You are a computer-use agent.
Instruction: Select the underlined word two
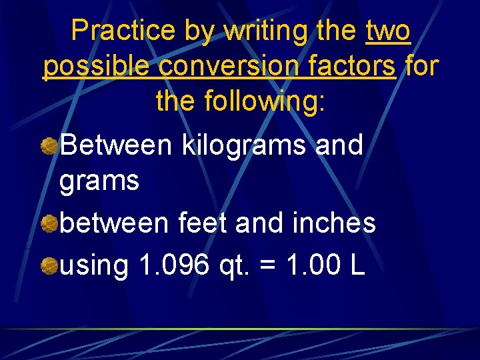(388, 31)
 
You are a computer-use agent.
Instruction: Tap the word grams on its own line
(99, 181)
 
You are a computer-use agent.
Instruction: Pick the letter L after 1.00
(357, 266)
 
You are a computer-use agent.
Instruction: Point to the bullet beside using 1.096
(49, 267)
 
